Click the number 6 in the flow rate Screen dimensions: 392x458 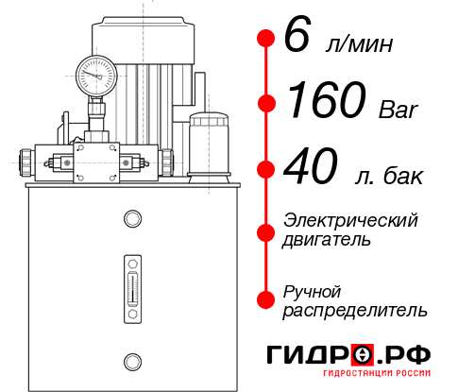click(x=297, y=39)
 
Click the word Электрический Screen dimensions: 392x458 click(x=350, y=220)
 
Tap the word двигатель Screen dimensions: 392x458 click(x=327, y=240)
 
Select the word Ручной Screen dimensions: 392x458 click(x=313, y=290)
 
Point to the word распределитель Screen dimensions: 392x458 click(x=355, y=310)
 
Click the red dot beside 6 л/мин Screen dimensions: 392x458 click(x=266, y=40)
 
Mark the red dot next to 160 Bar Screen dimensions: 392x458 click(x=266, y=103)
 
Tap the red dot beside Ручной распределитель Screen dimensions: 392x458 click(x=266, y=299)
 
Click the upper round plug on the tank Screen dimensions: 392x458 click(x=131, y=220)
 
